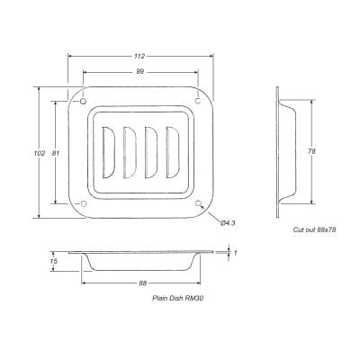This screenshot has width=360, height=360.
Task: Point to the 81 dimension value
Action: point(57,153)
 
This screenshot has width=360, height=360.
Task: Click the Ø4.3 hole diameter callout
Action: point(228,222)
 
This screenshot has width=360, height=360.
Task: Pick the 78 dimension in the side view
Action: point(310,150)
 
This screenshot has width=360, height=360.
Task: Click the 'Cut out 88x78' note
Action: point(314,231)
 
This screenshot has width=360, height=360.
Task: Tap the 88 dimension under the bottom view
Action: point(141,283)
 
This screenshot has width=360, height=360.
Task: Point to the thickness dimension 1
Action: point(235,254)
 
